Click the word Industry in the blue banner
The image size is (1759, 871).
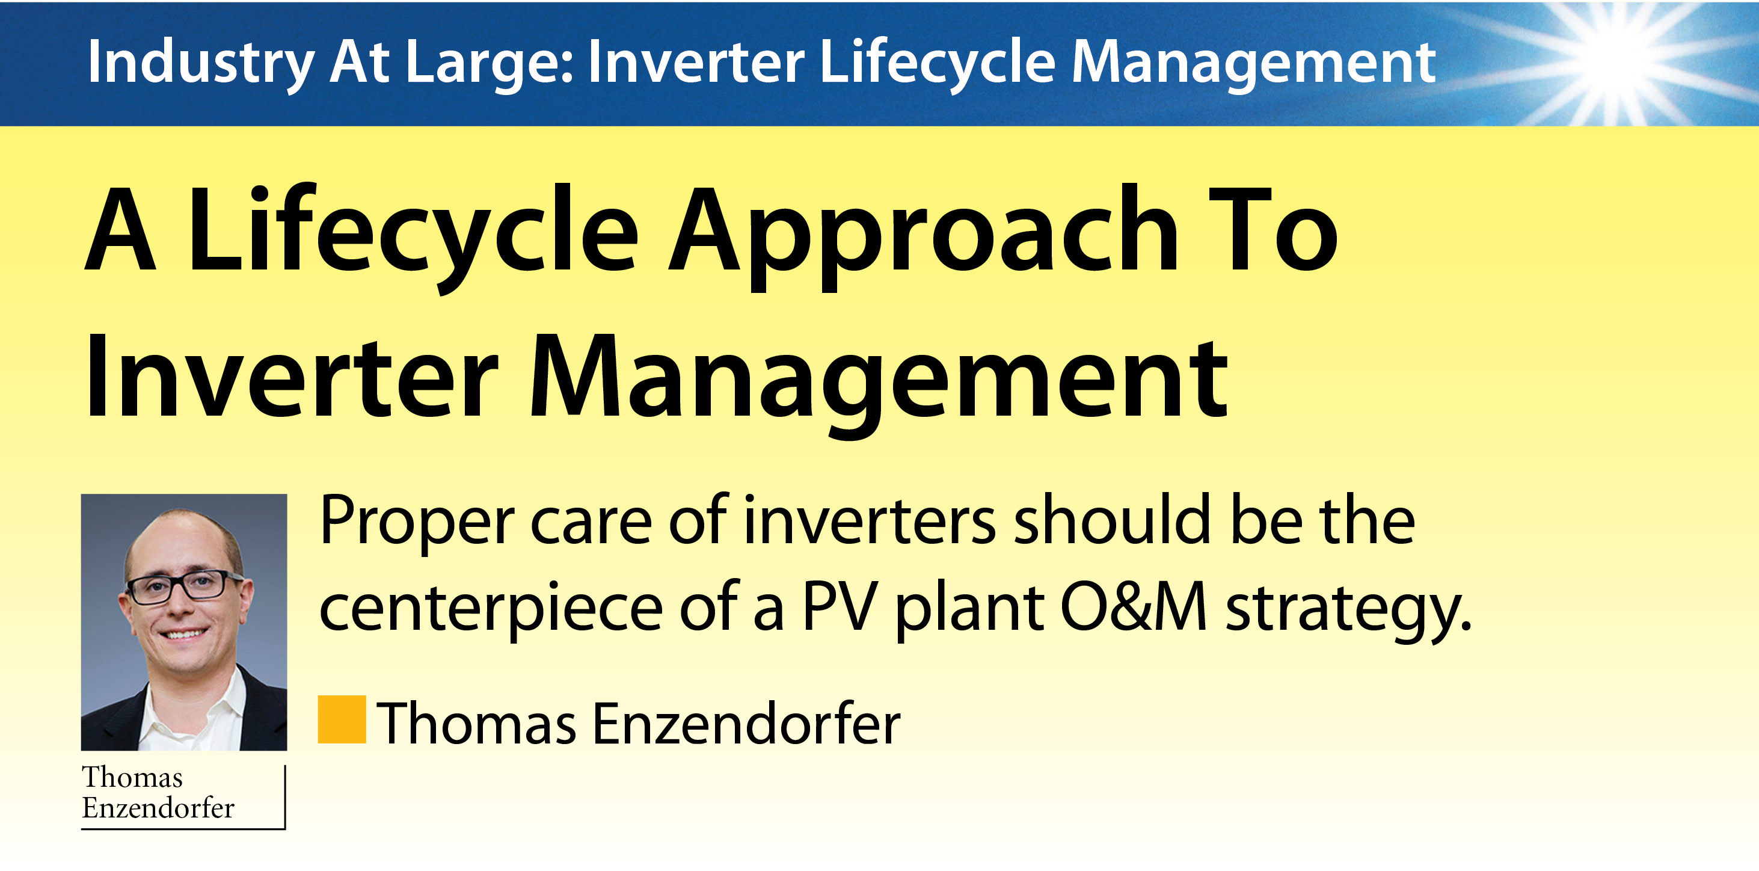(201, 63)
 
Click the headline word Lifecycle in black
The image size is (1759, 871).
(413, 237)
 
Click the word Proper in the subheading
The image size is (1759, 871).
(417, 523)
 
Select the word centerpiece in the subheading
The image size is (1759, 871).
(491, 609)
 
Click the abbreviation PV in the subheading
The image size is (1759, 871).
(840, 606)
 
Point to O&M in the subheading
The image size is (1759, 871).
(1134, 606)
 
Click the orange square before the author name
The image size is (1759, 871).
(342, 719)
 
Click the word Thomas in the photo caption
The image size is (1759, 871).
(132, 777)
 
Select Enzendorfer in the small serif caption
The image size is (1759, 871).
(158, 808)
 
